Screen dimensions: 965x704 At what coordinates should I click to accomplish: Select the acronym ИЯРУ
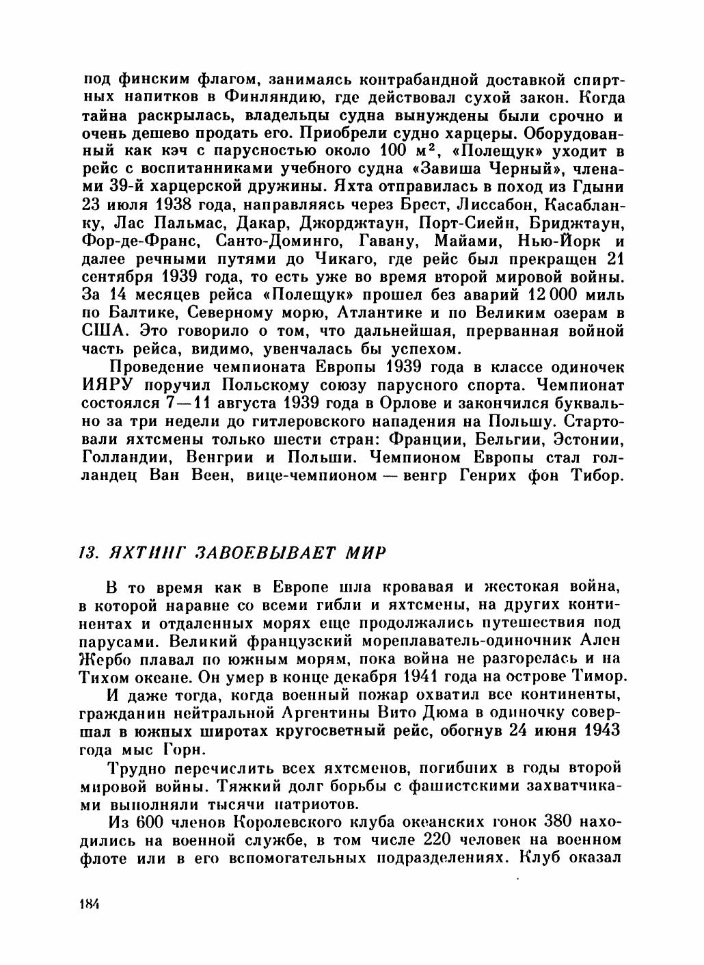111,386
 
